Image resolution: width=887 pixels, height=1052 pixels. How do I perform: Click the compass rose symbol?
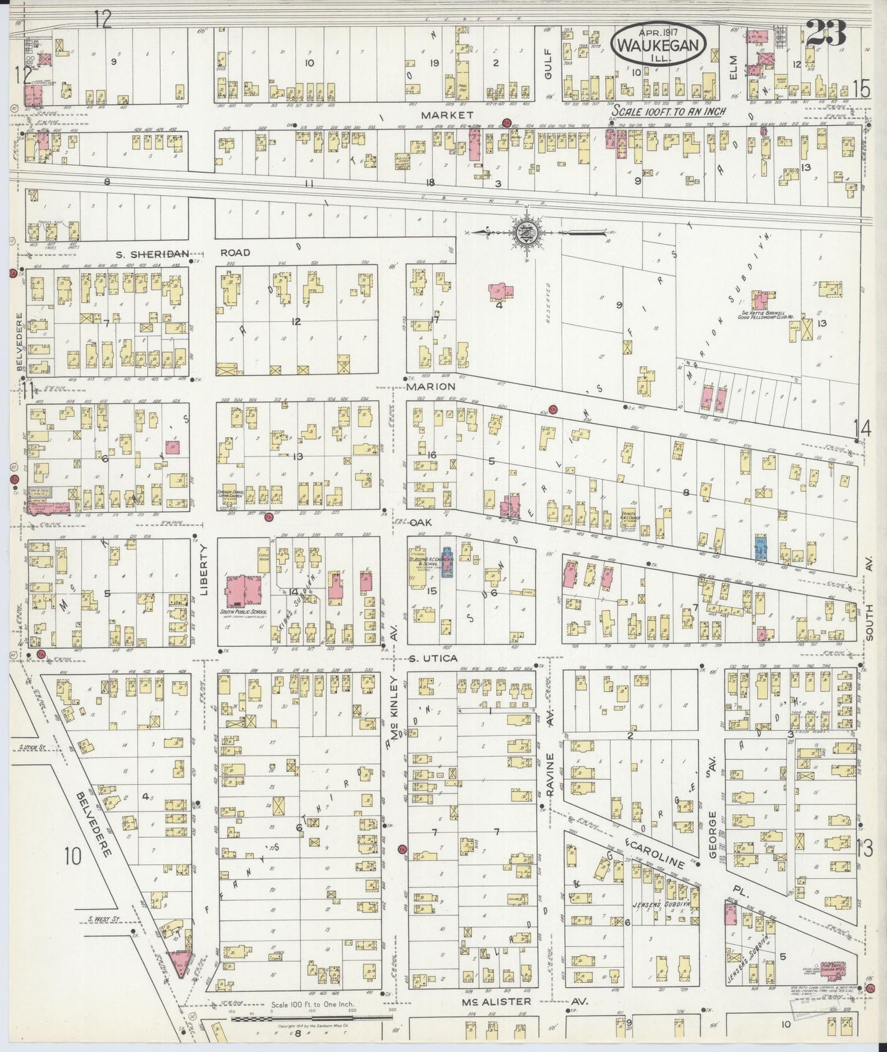click(x=527, y=233)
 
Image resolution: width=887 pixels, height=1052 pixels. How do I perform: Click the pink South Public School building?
click(x=243, y=590)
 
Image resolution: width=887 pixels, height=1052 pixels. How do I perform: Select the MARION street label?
click(x=434, y=387)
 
